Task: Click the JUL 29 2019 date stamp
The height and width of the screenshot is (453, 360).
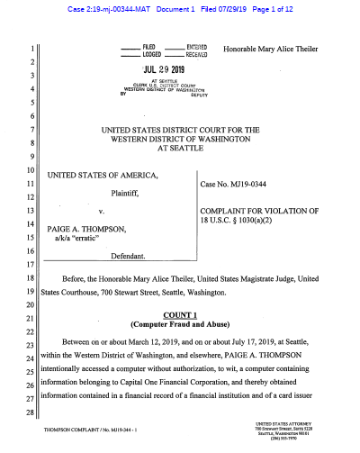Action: [x=162, y=68]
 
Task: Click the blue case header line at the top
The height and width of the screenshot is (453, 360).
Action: [x=180, y=9]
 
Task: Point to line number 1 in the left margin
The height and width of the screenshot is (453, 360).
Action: [x=31, y=49]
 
